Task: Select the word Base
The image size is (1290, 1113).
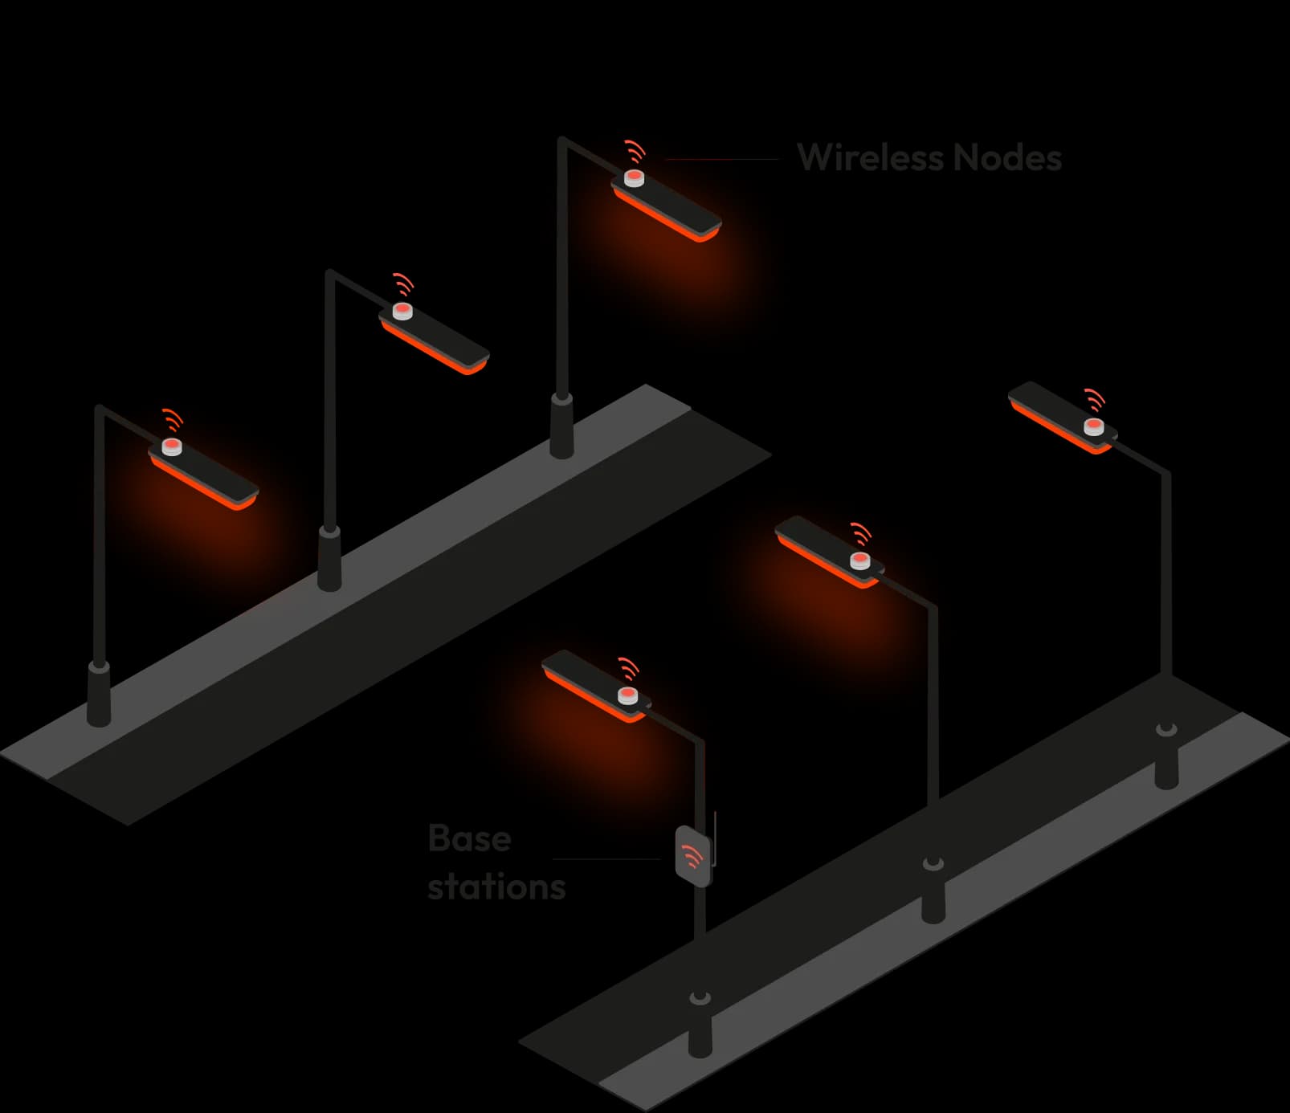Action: tap(470, 838)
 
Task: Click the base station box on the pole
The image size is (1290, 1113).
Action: tap(693, 856)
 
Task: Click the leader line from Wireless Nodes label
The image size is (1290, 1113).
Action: tap(722, 159)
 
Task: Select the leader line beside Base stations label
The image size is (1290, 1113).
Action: tap(607, 858)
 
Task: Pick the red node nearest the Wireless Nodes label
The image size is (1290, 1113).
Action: tap(635, 177)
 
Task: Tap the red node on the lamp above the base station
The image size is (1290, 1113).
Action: tap(627, 695)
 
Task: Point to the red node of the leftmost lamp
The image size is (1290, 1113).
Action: tap(172, 447)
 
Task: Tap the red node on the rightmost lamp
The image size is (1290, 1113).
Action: tap(1093, 426)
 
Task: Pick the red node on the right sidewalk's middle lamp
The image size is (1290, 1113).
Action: tap(859, 560)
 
